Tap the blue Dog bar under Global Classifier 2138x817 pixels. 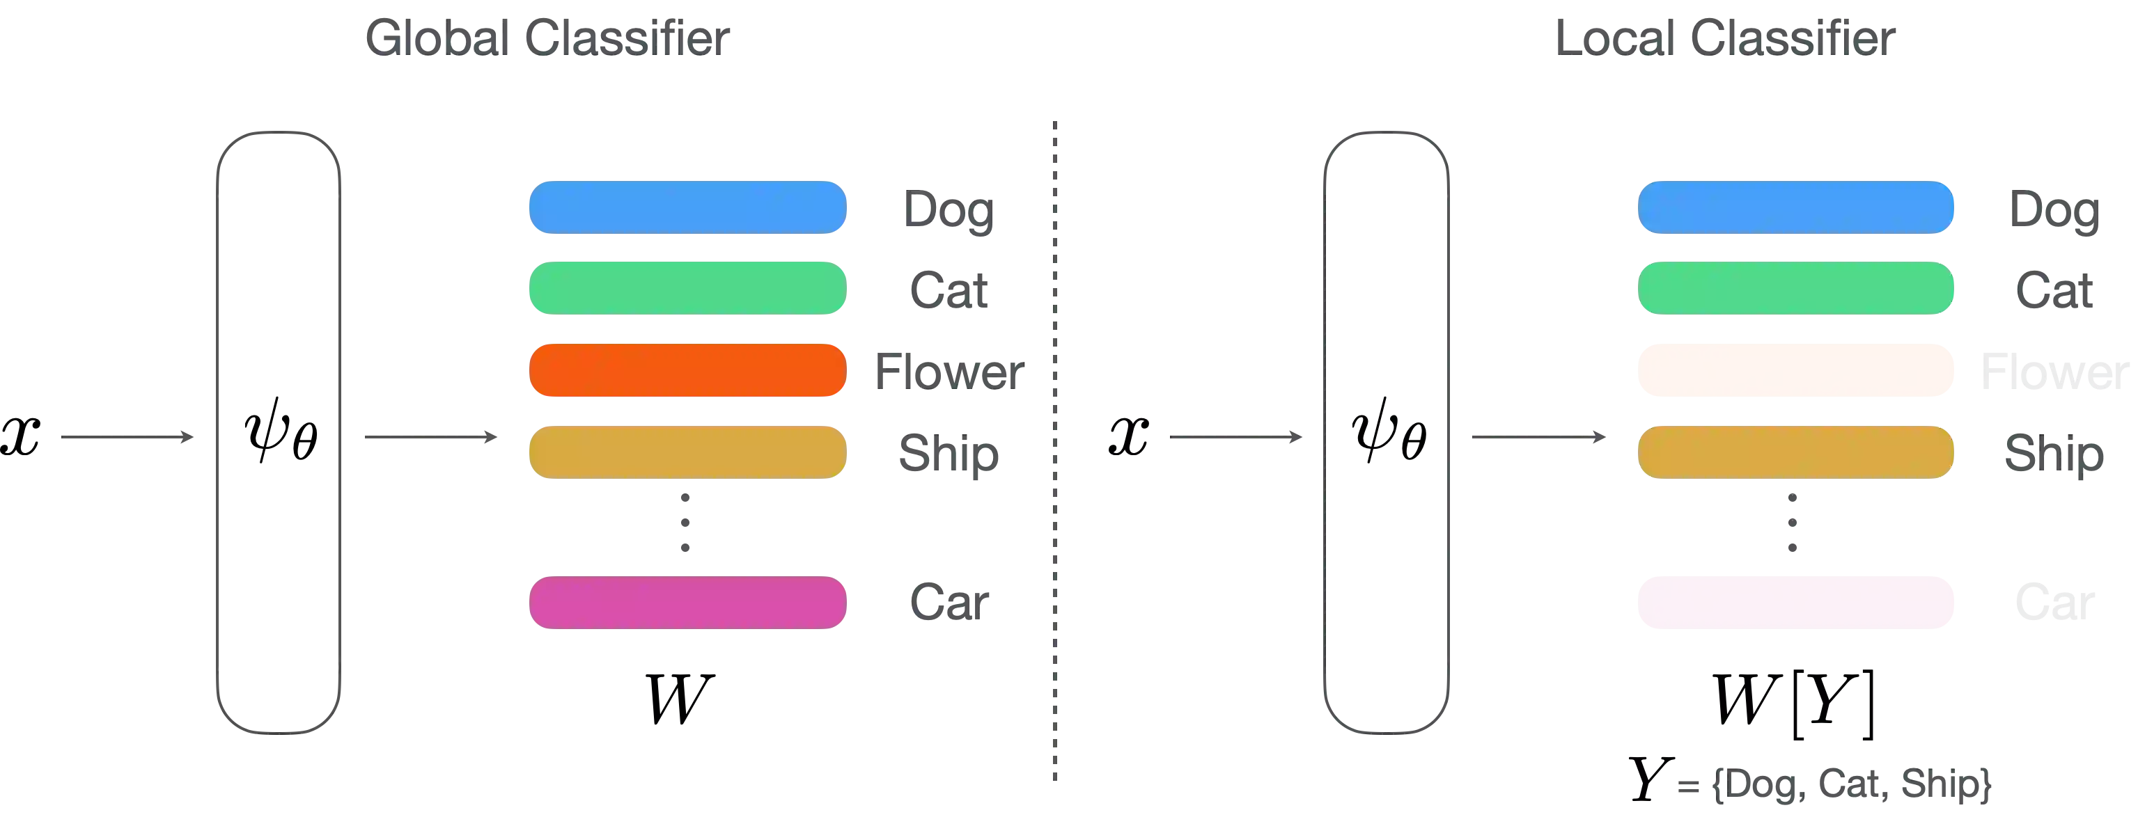coord(687,207)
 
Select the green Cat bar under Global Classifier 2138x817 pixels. coord(687,289)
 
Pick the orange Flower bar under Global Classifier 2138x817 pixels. coord(687,370)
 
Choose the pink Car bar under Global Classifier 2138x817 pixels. coord(687,601)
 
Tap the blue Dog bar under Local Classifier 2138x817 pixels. coord(1795,207)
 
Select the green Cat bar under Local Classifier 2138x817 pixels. coord(1795,289)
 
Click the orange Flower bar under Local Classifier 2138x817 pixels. coord(1795,370)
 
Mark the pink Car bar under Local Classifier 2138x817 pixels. coord(1795,601)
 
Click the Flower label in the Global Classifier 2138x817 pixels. coord(948,372)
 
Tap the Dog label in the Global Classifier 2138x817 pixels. coord(949,209)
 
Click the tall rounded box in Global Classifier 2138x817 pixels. coord(278,431)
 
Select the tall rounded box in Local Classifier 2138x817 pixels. coord(1386,431)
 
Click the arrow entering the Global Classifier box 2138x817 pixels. coord(128,437)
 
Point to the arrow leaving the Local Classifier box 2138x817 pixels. coord(1540,437)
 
